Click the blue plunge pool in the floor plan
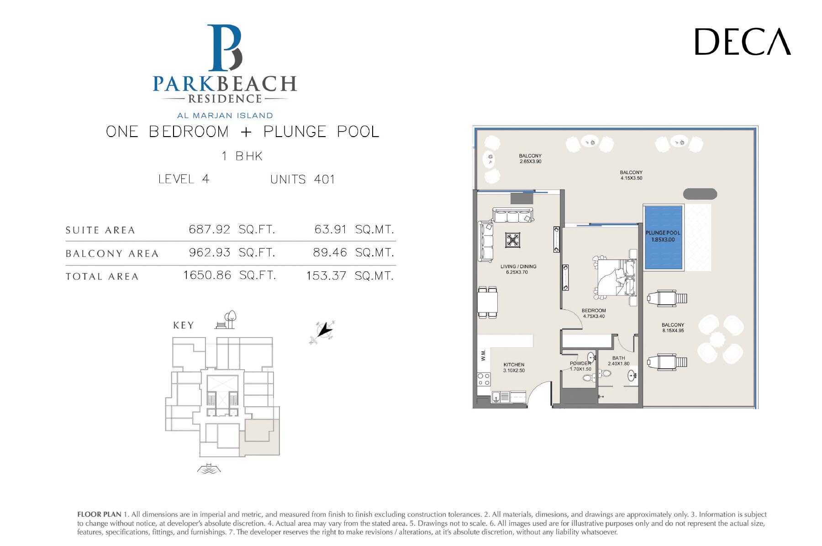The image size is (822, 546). click(663, 237)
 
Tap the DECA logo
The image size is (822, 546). click(743, 42)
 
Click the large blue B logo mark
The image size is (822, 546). click(225, 48)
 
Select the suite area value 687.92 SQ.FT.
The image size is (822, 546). click(232, 229)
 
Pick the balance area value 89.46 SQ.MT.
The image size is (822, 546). click(353, 253)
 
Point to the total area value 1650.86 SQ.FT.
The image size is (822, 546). click(230, 276)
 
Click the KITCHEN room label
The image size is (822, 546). click(514, 365)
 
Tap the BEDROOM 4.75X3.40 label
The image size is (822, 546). click(594, 313)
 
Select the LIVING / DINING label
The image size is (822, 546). click(518, 266)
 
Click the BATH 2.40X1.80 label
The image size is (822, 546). click(619, 361)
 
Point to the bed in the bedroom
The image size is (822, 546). click(615, 277)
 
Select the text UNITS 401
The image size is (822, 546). click(302, 180)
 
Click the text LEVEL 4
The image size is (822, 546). click(184, 179)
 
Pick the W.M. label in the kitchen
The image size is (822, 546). click(483, 355)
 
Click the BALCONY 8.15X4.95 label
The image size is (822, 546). click(673, 328)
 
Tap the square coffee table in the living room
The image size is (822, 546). click(513, 240)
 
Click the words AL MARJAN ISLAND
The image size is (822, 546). click(225, 116)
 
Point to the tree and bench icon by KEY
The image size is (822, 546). click(226, 320)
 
